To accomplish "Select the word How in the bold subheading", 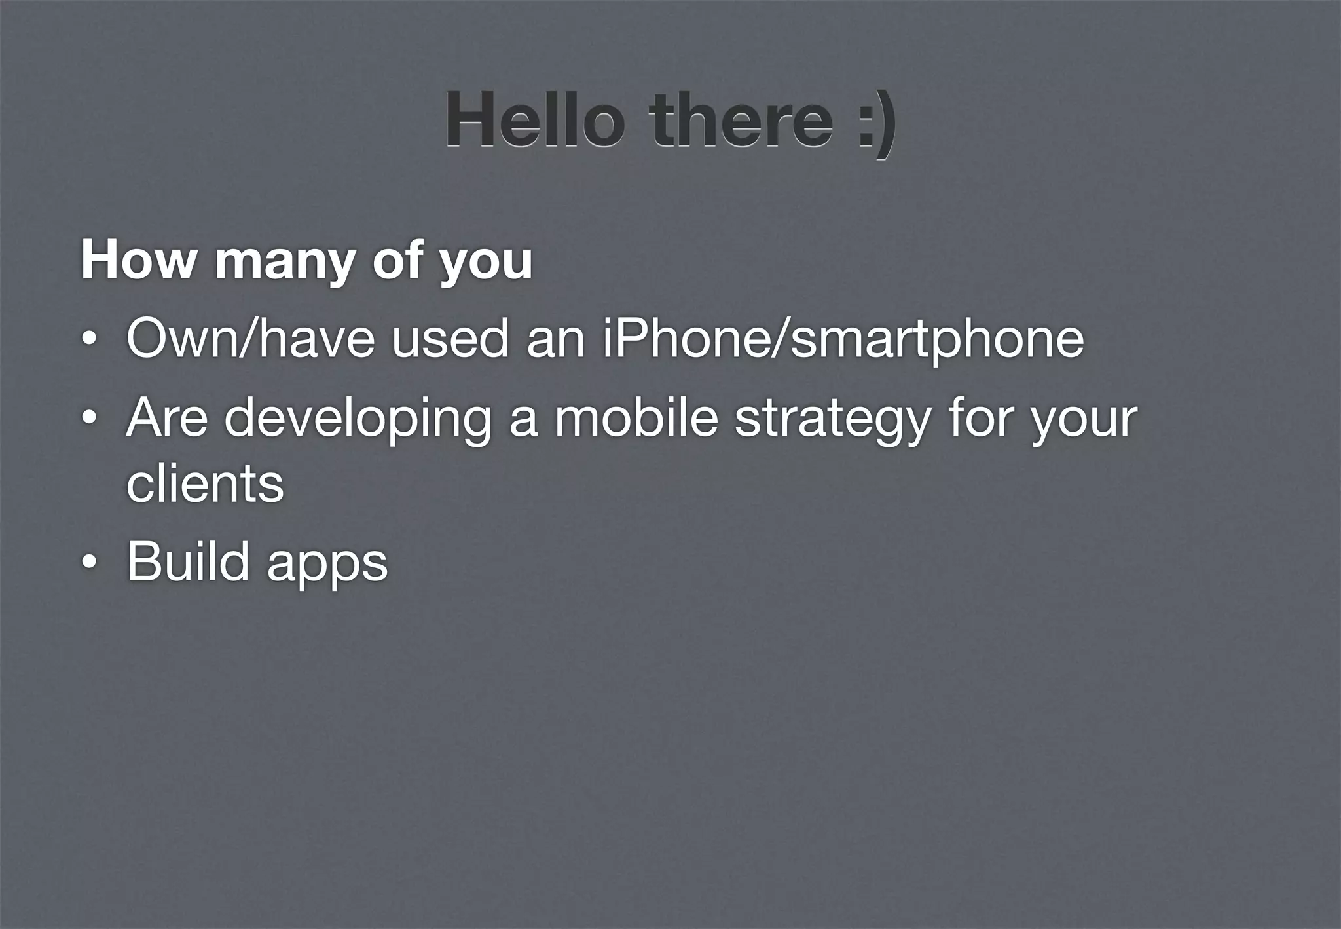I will click(138, 260).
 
